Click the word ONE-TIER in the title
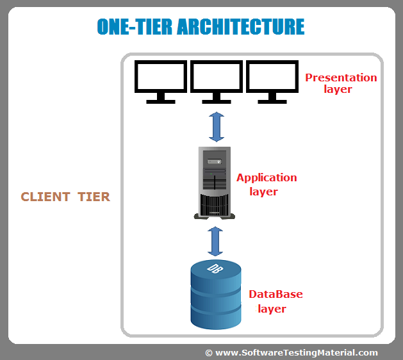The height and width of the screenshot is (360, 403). point(134,26)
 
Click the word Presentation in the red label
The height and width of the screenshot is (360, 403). point(341,78)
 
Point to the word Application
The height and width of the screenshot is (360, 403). point(267,177)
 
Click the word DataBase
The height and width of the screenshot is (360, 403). point(276,295)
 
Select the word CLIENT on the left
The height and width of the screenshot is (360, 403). point(45,197)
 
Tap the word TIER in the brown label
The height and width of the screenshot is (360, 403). point(94,197)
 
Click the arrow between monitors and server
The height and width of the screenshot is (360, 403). point(217,127)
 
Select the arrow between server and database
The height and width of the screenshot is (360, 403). point(216,240)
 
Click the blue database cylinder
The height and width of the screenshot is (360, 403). point(216,298)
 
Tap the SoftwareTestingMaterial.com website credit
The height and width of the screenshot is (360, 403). point(297,352)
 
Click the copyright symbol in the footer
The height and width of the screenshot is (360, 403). point(209,352)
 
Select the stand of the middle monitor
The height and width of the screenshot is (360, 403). point(216,99)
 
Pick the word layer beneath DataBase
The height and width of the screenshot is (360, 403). point(272,309)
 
